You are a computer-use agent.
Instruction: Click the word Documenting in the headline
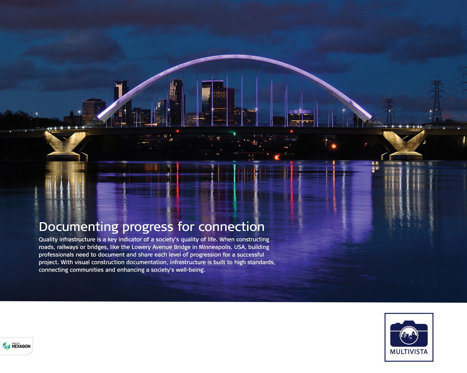[78, 227]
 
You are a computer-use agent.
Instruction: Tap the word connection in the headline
[231, 227]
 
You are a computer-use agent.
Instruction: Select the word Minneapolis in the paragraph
[215, 247]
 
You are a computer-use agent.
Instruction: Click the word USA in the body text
[239, 247]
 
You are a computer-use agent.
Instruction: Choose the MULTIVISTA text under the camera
[409, 352]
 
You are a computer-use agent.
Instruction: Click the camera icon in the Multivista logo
[409, 334]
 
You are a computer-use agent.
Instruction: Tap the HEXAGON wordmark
[21, 346]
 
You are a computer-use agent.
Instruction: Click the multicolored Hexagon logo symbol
[6, 346]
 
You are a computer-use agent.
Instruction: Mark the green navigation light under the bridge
[234, 134]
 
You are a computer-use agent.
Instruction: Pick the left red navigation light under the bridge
[178, 131]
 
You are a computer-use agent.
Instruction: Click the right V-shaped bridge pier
[404, 145]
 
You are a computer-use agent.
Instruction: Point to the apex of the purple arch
[235, 57]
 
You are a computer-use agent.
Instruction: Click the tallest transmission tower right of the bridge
[437, 101]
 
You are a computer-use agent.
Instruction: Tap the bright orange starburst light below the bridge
[334, 146]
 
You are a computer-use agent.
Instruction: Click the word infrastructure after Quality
[77, 239]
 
